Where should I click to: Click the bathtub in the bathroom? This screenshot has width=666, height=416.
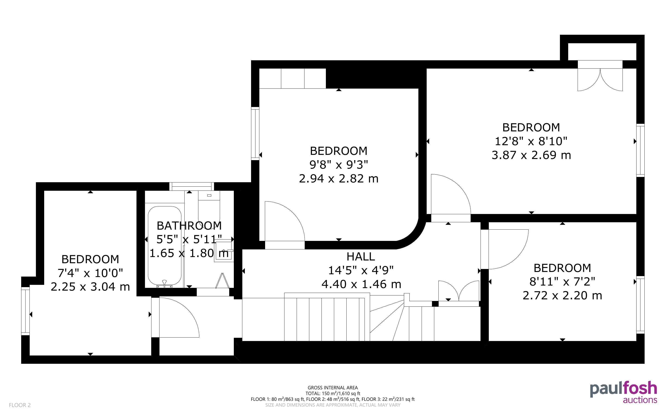165,246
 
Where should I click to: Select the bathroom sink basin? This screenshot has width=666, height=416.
223,251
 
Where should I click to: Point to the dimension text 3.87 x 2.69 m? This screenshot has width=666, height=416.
531,155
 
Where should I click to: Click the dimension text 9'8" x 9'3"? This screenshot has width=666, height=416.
339,165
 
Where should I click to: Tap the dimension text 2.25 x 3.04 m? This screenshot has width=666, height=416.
90,287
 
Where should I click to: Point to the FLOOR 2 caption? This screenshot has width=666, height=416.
20,405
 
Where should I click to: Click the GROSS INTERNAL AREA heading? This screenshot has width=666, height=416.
333,388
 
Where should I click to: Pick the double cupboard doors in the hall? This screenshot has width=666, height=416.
459,293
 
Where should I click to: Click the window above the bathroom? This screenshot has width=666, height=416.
191,186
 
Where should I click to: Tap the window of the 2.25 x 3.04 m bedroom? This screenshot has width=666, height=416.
25,311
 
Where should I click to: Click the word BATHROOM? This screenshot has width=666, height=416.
189,226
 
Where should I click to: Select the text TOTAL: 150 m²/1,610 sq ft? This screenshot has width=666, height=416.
333,393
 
